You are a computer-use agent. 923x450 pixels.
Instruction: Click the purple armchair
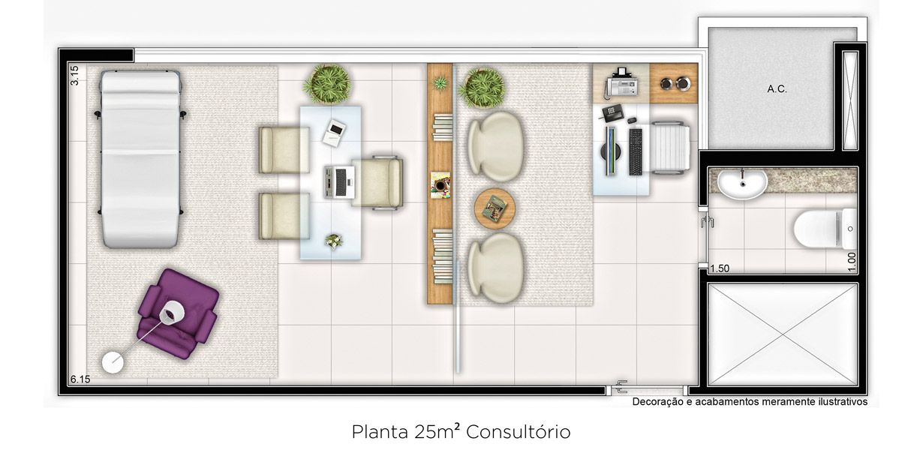point(177,313)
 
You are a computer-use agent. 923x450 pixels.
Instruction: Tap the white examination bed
point(140,159)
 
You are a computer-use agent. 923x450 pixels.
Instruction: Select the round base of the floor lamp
point(113,363)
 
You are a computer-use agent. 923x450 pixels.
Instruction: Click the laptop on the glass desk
point(339,182)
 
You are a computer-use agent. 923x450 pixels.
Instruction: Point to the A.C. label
point(777,89)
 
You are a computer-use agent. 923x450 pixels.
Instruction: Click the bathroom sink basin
point(742,184)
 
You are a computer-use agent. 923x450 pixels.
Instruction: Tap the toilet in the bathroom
point(825,229)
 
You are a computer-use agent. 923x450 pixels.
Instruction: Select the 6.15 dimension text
point(80,379)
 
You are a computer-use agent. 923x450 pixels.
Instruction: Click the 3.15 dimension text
point(74,76)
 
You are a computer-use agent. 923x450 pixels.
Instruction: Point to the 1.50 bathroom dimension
point(720,268)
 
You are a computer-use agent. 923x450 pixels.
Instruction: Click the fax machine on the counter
point(624,83)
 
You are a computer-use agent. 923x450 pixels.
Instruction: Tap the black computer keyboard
point(636,151)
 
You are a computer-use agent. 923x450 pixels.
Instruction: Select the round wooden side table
point(495,208)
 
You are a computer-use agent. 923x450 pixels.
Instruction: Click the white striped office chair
point(670,146)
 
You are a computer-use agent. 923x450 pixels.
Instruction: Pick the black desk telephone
point(613,112)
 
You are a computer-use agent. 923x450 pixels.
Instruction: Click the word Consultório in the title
point(518,432)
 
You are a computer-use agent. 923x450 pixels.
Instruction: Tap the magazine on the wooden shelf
point(440,184)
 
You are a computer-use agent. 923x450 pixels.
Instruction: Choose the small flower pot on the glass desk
point(333,241)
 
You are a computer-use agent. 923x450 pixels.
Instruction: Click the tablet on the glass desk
point(334,133)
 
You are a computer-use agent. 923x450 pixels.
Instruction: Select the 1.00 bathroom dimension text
point(852,262)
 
